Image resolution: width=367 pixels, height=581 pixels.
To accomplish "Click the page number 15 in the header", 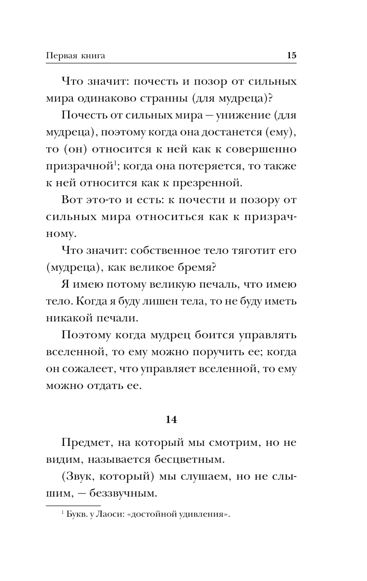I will pyautogui.click(x=291, y=55).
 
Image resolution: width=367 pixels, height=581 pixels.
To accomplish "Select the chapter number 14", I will pyautogui.click(x=171, y=420).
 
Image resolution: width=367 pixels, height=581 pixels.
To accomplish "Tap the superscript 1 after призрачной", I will pyautogui.click(x=115, y=163).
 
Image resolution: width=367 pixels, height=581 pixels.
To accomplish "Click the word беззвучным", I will pyautogui.click(x=126, y=493).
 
